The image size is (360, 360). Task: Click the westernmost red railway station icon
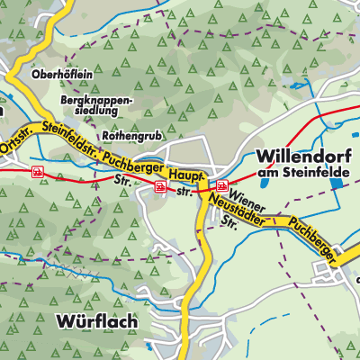(37, 170)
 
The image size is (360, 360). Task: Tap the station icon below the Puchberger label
(160, 187)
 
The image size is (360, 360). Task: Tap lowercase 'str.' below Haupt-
(184, 192)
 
